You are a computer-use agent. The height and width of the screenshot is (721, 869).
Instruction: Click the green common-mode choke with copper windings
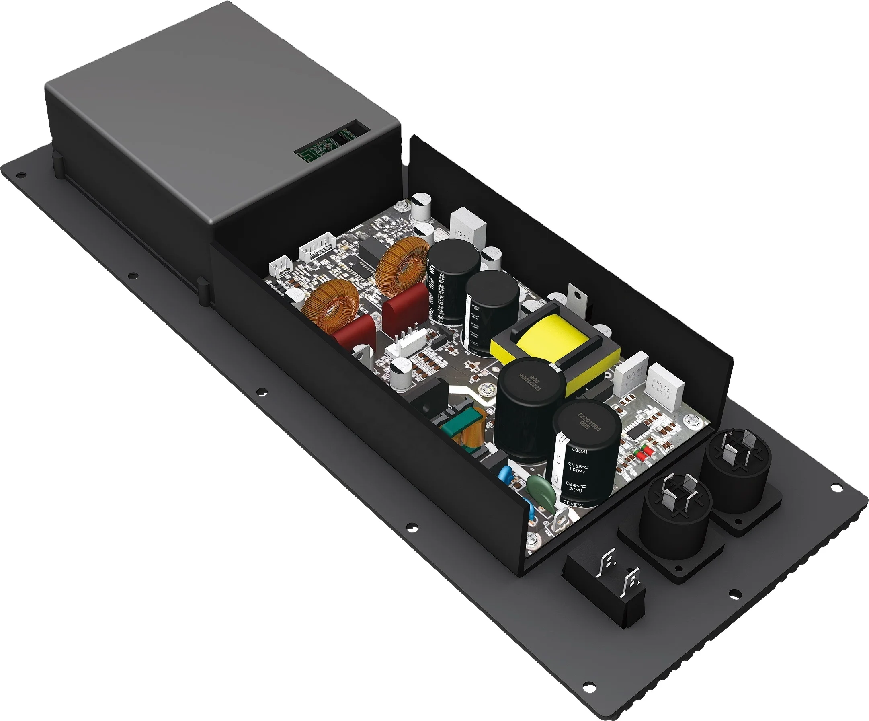coord(459,430)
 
